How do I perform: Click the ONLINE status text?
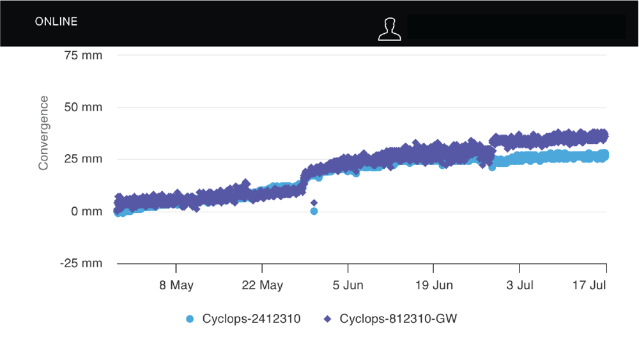[56, 22]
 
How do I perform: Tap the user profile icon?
[389, 29]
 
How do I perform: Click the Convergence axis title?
[43, 133]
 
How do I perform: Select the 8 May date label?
[176, 285]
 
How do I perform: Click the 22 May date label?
[262, 285]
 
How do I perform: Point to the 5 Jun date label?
[348, 285]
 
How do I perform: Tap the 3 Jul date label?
[520, 285]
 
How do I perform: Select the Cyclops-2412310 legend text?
[251, 318]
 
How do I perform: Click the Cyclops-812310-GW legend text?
[399, 318]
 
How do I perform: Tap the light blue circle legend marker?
[189, 318]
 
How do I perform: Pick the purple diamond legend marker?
[328, 318]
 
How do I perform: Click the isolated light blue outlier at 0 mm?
[314, 211]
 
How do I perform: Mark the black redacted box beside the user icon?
[516, 27]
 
